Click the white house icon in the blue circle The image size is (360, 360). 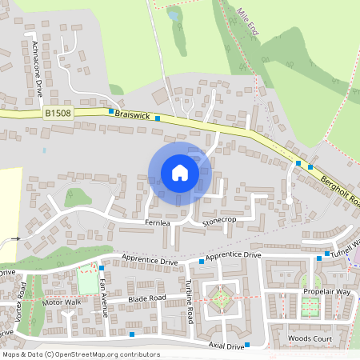180,172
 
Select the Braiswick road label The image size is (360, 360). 131,115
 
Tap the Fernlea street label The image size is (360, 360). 158,222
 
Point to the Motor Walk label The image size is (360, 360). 62,302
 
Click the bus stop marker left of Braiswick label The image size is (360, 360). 110,112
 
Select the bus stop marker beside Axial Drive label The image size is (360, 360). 247,346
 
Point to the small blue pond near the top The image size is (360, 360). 174,15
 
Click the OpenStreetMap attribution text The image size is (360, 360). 80,354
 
